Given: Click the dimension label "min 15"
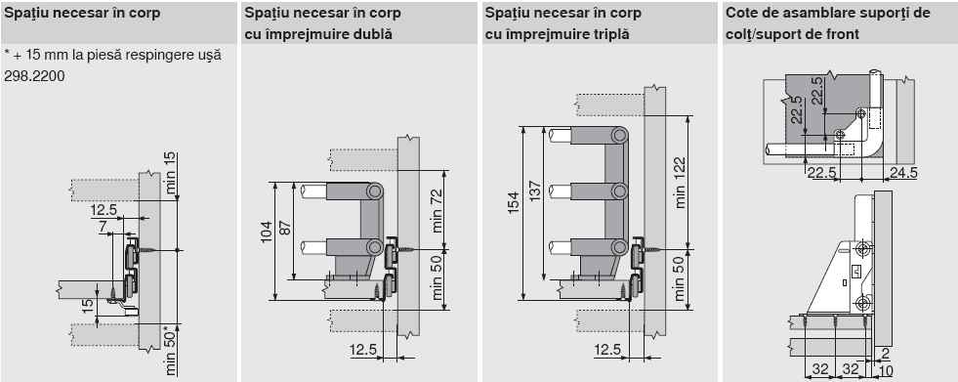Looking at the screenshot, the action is (171, 174).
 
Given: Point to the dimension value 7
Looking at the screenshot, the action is (103, 227).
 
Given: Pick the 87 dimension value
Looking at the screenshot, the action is (285, 227).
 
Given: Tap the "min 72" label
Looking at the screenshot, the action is (437, 211).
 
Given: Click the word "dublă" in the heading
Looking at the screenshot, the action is (372, 34).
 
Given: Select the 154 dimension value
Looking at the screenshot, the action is (513, 202).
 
